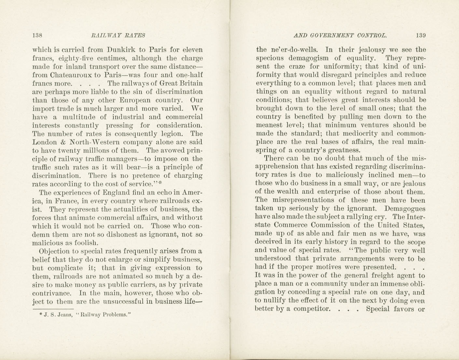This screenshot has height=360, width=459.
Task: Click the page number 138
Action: [38, 36]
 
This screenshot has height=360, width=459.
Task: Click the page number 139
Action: [420, 36]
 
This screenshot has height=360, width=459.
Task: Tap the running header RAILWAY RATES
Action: [118, 36]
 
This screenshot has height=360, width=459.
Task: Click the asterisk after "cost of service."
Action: [160, 183]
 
